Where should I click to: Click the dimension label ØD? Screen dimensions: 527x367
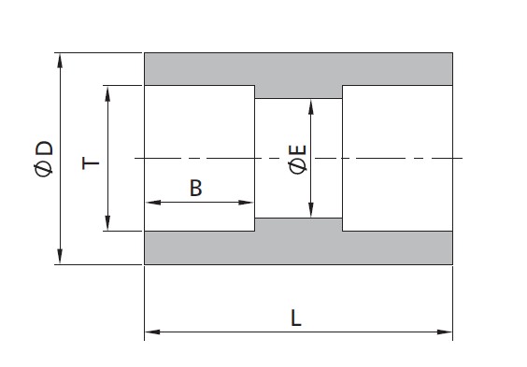click(x=44, y=159)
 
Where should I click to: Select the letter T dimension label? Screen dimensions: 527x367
click(x=91, y=163)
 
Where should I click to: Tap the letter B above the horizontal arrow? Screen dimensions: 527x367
click(x=196, y=188)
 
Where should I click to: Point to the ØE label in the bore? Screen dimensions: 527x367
click(x=298, y=159)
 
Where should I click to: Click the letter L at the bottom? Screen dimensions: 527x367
click(x=296, y=318)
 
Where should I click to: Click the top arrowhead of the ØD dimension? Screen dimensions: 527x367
click(x=60, y=60)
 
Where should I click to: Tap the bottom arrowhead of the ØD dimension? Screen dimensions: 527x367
click(x=60, y=257)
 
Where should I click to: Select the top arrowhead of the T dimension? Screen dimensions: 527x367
click(x=107, y=93)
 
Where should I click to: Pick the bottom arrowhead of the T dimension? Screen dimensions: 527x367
click(x=107, y=223)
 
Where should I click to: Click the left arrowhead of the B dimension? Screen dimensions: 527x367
click(x=153, y=203)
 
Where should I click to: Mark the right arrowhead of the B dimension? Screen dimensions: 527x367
click(x=246, y=203)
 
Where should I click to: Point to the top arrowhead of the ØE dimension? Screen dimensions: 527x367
click(x=311, y=106)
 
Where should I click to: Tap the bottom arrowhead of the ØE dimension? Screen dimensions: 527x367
click(x=311, y=210)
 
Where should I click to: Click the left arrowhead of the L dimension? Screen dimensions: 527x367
click(x=152, y=332)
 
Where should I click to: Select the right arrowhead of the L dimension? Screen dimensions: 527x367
click(x=445, y=332)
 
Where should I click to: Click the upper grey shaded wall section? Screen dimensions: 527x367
click(x=298, y=69)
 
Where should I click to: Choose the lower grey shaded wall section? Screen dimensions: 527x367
click(x=298, y=247)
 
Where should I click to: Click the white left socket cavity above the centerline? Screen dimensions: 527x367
click(x=199, y=121)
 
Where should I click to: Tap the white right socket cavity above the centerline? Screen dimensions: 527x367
click(x=397, y=121)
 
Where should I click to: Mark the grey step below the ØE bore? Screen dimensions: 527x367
click(x=298, y=224)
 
